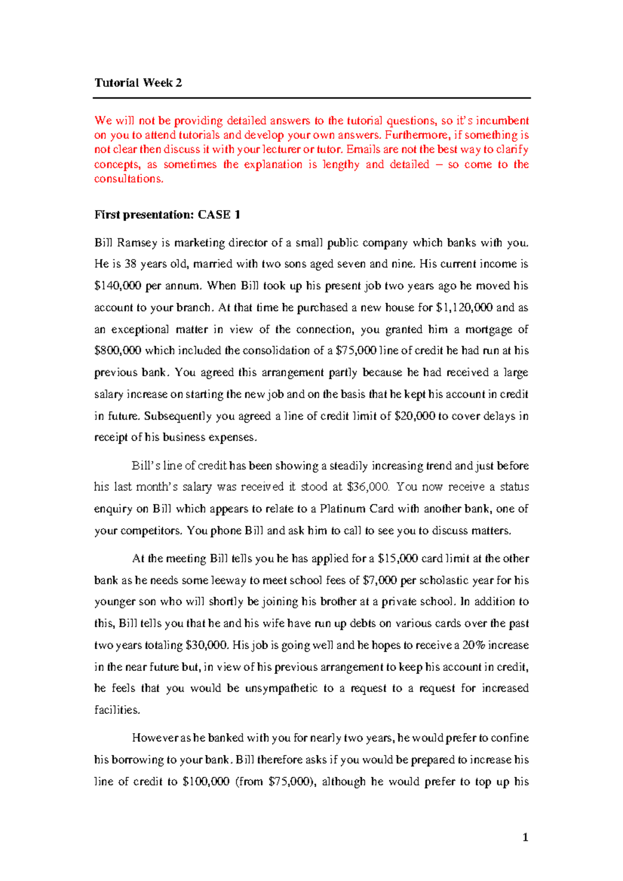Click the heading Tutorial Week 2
click(138, 83)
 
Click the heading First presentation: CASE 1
click(167, 215)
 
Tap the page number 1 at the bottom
click(525, 837)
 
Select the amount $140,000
click(117, 286)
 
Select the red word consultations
click(128, 179)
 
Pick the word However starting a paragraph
click(154, 738)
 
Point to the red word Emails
click(363, 150)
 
